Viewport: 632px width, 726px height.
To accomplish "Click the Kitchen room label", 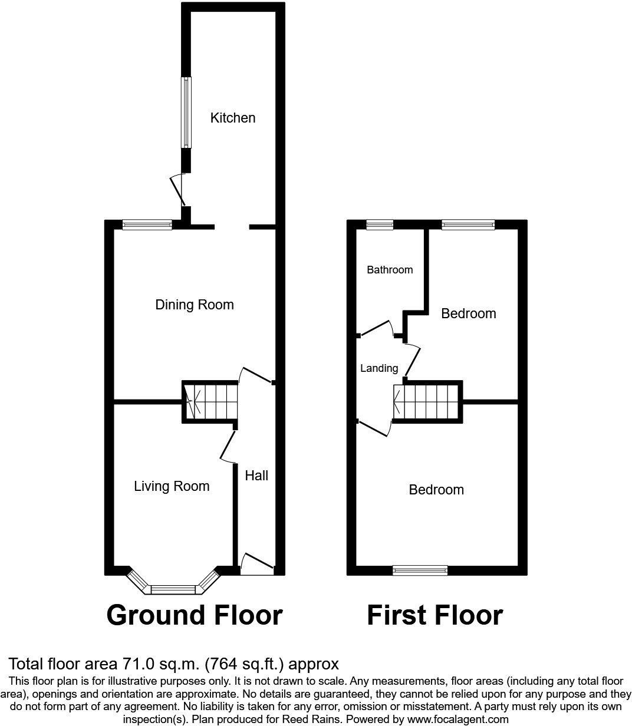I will click(x=233, y=118).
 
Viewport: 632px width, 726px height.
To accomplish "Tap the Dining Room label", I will click(x=195, y=305).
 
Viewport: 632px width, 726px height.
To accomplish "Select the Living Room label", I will click(x=172, y=486).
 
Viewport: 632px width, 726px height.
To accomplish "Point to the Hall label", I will click(x=256, y=476).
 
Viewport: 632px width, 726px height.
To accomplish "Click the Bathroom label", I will click(x=390, y=270).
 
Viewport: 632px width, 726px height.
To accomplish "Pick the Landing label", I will click(x=379, y=368).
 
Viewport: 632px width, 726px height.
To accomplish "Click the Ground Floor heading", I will click(x=195, y=615).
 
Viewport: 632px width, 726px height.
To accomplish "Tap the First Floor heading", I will click(x=434, y=615).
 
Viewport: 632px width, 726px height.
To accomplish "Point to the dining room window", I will click(x=147, y=225).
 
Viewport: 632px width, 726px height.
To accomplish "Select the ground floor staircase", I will click(x=210, y=401).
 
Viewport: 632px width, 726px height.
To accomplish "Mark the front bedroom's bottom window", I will click(x=420, y=570).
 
